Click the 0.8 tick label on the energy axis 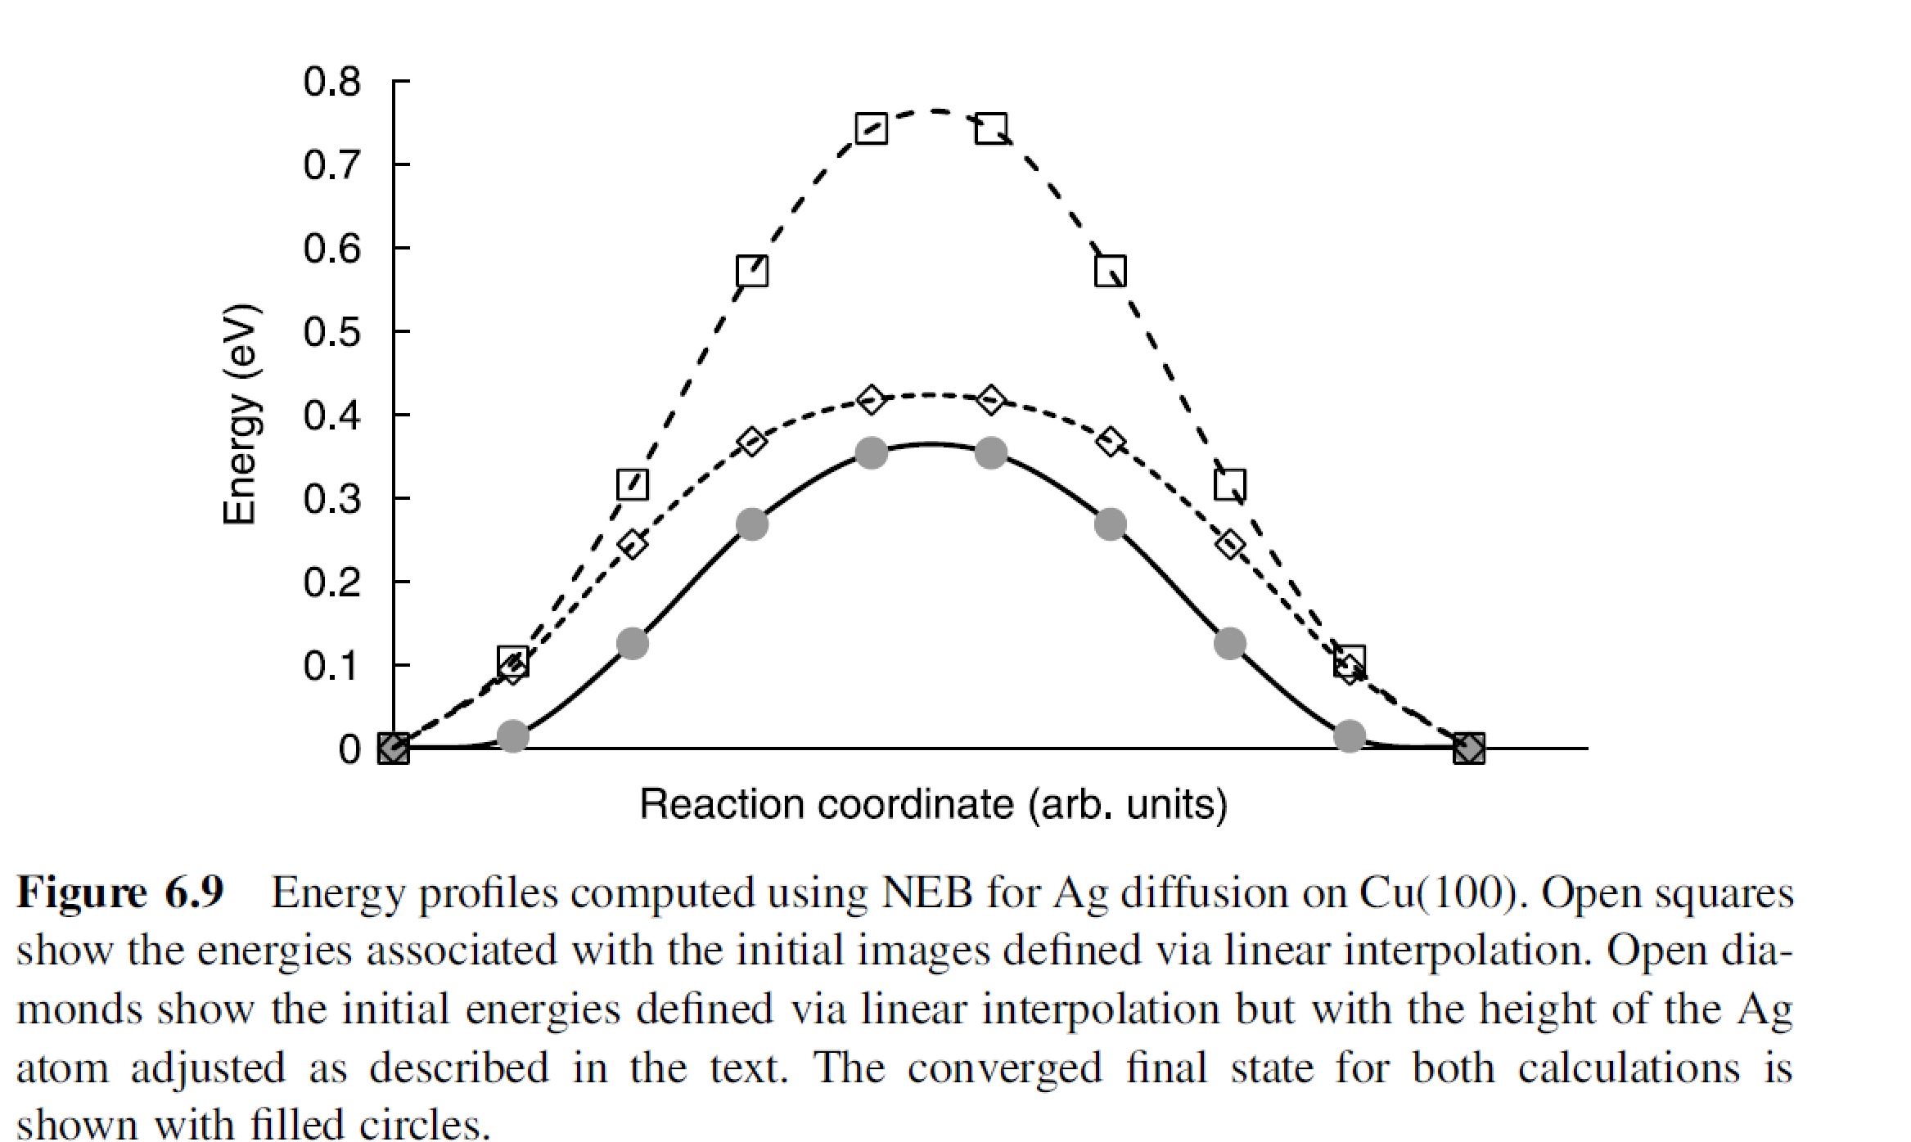click(x=331, y=83)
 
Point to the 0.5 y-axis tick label click(x=331, y=333)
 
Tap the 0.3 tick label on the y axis click(x=331, y=499)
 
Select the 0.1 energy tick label click(x=331, y=666)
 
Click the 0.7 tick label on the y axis click(x=331, y=166)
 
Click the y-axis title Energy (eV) click(x=241, y=415)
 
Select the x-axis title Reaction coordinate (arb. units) click(x=933, y=804)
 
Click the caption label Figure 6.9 click(x=120, y=892)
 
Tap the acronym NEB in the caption click(x=926, y=892)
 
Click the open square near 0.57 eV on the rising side click(x=752, y=271)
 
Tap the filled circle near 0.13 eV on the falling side click(x=1229, y=644)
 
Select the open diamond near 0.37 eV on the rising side click(x=752, y=443)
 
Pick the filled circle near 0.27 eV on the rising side click(x=752, y=524)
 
